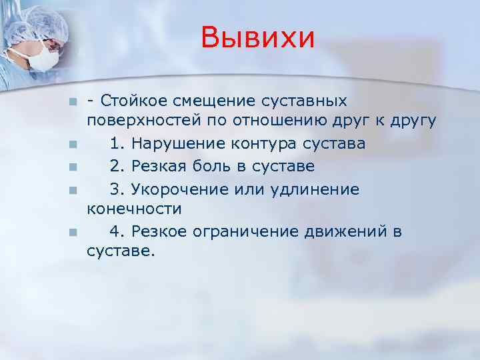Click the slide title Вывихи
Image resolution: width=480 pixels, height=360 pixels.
point(257,37)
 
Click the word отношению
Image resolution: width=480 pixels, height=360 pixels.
point(273,121)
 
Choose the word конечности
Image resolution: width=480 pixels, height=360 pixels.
point(134,209)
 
